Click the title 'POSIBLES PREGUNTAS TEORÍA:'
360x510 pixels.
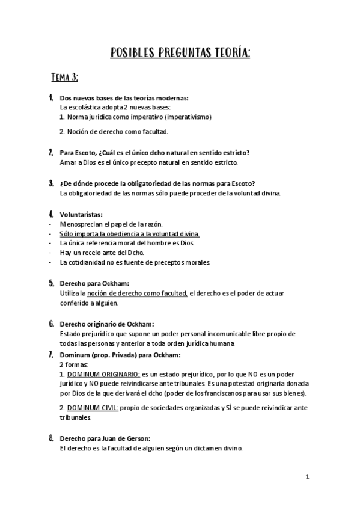point(180,54)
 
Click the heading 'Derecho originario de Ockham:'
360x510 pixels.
point(107,324)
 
